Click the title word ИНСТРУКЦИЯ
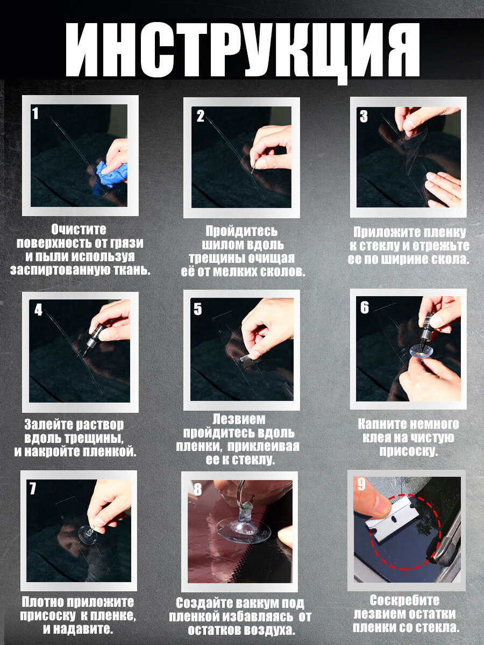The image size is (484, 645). click(243, 51)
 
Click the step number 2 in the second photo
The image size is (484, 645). click(201, 116)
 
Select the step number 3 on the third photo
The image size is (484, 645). click(364, 116)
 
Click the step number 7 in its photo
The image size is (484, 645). click(32, 489)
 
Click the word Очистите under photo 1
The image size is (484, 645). click(79, 230)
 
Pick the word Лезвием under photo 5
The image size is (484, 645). click(239, 419)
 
